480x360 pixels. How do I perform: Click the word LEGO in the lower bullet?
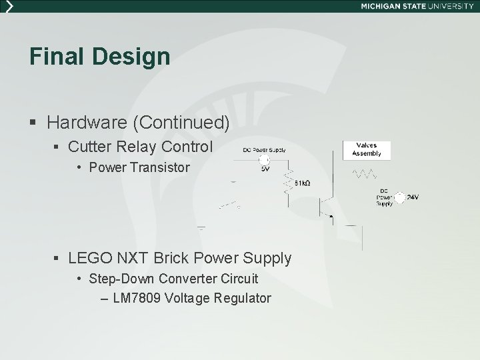pyautogui.click(x=89, y=257)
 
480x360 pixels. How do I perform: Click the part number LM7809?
pyautogui.click(x=136, y=298)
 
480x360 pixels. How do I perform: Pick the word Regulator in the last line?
pyautogui.click(x=243, y=298)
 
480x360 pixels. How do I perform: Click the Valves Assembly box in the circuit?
pyautogui.click(x=366, y=149)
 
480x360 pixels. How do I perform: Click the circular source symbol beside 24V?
pyautogui.click(x=399, y=197)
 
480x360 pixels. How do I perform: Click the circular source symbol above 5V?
pyautogui.click(x=264, y=160)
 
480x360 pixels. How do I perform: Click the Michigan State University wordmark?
pyautogui.click(x=417, y=5)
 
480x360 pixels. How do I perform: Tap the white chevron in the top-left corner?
pyautogui.click(x=8, y=5)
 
